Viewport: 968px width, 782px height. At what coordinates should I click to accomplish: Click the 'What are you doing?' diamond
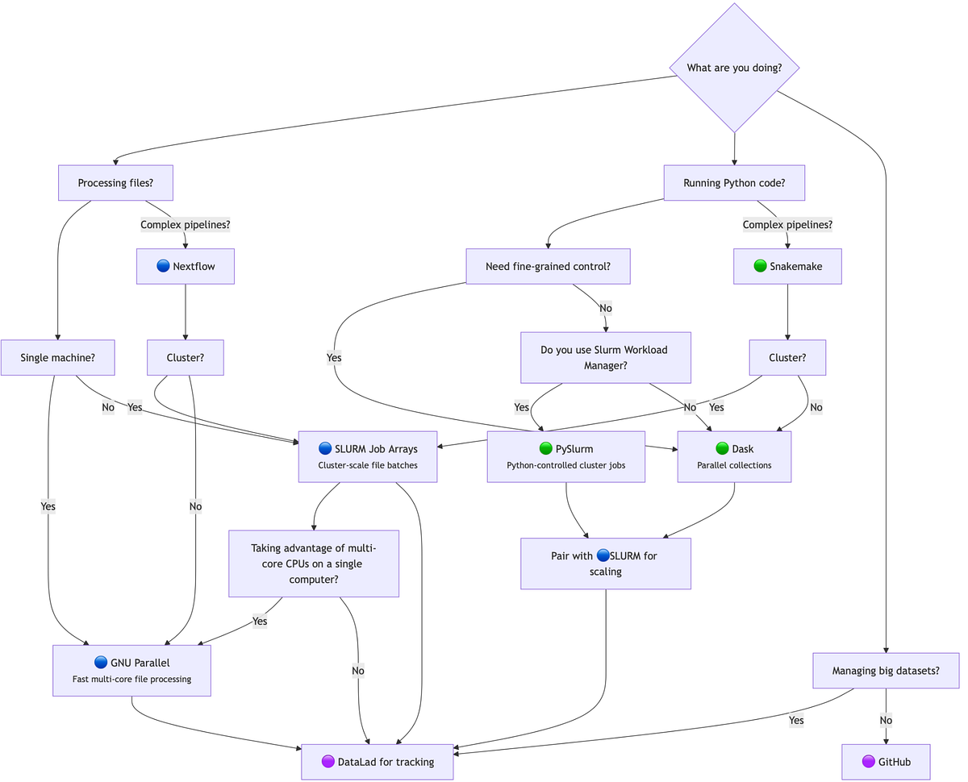(734, 68)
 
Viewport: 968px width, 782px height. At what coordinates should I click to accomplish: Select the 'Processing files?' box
(116, 183)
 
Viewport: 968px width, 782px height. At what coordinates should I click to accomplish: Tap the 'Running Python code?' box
(734, 183)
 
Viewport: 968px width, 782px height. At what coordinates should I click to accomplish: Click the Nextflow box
(186, 266)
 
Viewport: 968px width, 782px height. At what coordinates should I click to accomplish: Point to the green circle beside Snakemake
(760, 266)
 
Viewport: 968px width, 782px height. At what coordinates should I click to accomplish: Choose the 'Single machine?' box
(57, 357)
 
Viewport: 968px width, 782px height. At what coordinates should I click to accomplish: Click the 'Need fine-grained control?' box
(548, 266)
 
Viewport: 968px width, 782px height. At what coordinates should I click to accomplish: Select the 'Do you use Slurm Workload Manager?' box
(605, 357)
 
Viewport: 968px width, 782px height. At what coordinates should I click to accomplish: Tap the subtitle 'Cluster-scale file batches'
(367, 465)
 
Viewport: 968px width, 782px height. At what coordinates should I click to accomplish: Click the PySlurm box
(565, 456)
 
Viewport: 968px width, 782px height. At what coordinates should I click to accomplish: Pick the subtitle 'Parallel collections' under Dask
(734, 465)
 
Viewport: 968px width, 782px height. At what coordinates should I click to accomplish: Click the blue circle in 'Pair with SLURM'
(603, 555)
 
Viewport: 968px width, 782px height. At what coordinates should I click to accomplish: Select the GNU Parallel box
(131, 670)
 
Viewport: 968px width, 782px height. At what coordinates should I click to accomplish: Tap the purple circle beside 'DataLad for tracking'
(328, 762)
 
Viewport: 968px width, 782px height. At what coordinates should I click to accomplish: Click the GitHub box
(886, 762)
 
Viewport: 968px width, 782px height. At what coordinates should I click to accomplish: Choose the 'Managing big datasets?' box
(886, 670)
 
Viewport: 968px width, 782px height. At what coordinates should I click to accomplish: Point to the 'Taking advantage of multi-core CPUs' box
(314, 564)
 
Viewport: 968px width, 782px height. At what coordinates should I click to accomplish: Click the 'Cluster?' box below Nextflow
(185, 357)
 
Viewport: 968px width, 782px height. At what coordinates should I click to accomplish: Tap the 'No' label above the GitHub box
(886, 720)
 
